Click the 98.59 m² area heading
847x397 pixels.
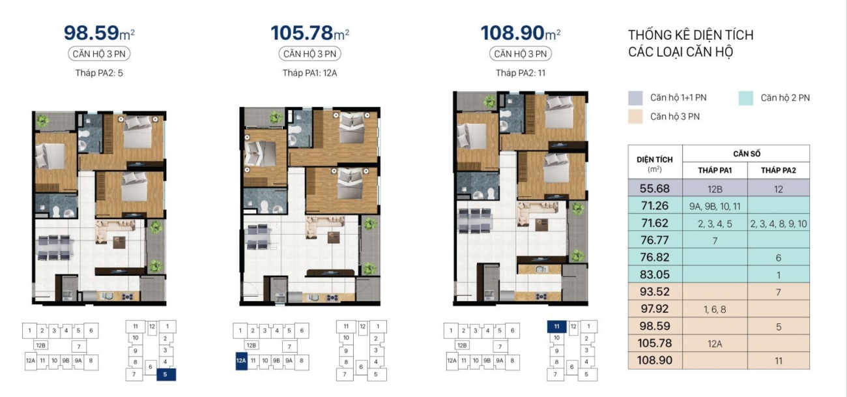pos(99,33)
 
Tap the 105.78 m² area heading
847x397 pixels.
pos(309,33)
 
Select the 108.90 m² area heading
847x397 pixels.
pos(521,33)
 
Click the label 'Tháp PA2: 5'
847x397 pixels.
pos(99,72)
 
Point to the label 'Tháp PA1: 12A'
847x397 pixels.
pos(309,72)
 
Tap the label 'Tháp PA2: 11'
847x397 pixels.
pos(521,72)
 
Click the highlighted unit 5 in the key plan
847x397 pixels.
pos(166,375)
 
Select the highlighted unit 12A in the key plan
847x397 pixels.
pos(241,360)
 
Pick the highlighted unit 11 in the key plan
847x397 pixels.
pos(556,326)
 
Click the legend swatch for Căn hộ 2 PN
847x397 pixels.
pos(745,98)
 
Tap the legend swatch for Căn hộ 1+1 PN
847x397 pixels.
pos(635,98)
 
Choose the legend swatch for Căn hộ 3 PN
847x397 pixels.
pos(635,117)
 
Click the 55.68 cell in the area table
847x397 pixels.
pos(655,188)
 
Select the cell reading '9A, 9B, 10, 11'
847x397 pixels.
pos(715,206)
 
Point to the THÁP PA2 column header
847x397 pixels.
pos(779,170)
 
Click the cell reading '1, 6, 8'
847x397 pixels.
pos(715,310)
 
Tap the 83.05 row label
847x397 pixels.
pos(655,274)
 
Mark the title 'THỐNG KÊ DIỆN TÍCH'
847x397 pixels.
pos(691,35)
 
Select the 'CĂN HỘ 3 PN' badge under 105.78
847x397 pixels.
pos(309,53)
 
